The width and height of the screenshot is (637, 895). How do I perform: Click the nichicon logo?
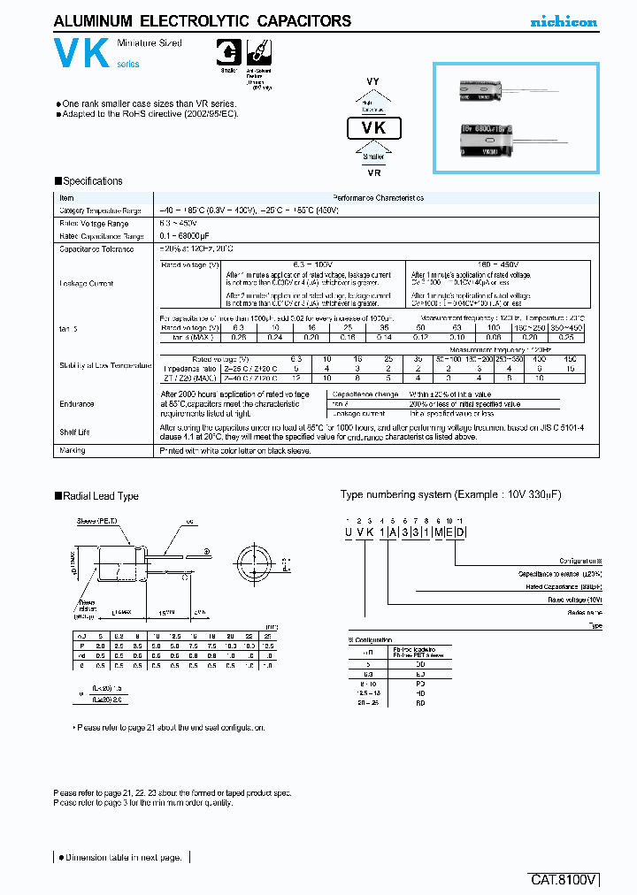pos(564,21)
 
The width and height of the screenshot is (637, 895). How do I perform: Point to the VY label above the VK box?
pos(372,81)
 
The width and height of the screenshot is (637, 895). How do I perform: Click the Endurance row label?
pos(77,403)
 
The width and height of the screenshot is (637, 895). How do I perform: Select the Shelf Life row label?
pos(75,432)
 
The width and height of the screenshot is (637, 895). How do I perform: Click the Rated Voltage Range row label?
pos(88,224)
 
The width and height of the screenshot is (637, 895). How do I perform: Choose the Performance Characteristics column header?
pos(378,198)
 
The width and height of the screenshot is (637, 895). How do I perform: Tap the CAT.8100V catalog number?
pos(564,880)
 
